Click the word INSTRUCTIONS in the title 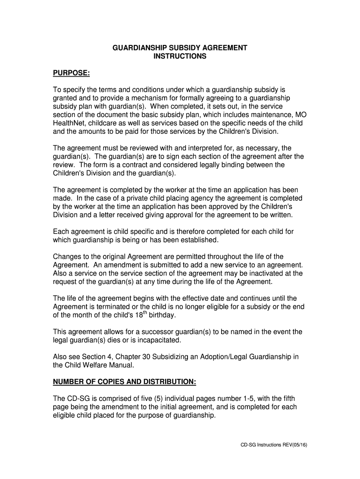point(180,57)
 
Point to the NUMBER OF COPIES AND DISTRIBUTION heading point(124,382)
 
